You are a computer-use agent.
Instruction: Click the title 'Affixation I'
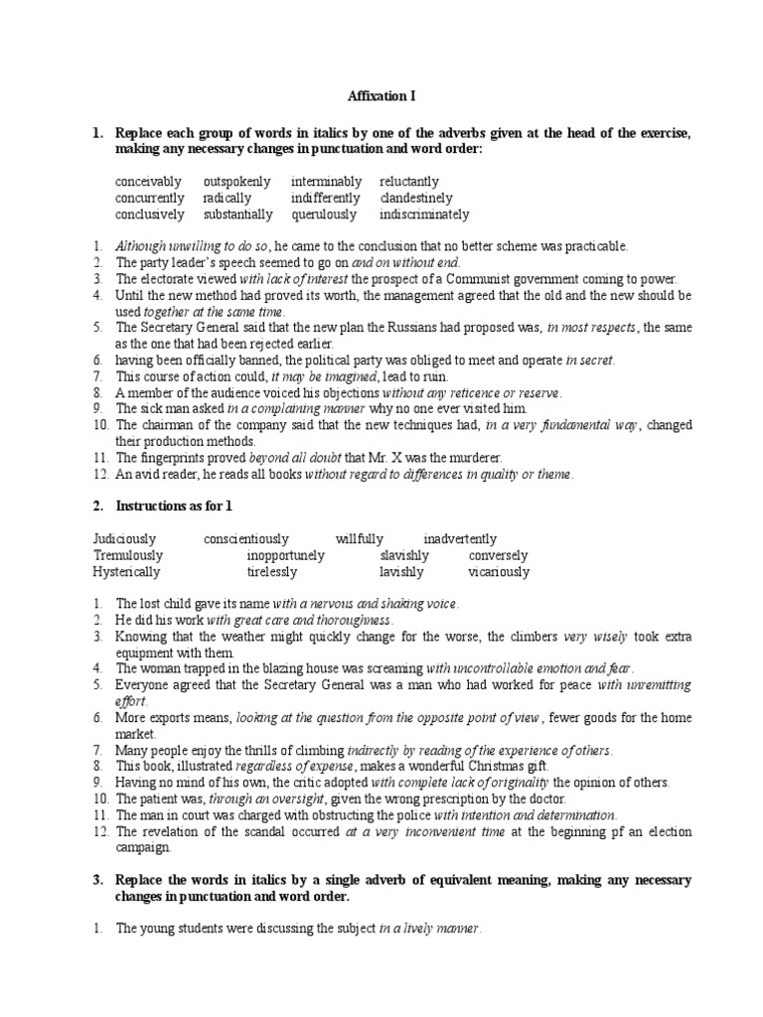pyautogui.click(x=381, y=96)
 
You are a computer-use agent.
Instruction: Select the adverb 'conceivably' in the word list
pyautogui.click(x=148, y=182)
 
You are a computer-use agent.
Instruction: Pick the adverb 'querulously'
pyautogui.click(x=323, y=214)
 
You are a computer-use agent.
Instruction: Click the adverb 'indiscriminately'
pyautogui.click(x=424, y=214)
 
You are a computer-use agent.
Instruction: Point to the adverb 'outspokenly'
pyautogui.click(x=236, y=182)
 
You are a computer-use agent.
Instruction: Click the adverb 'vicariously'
pyautogui.click(x=499, y=572)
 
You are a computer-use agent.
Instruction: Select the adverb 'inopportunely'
pyautogui.click(x=286, y=555)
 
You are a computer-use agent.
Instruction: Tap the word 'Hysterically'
pyautogui.click(x=127, y=572)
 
